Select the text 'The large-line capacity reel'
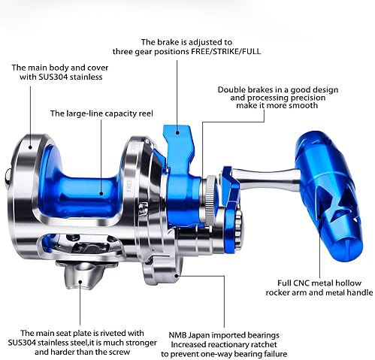point(101,113)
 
